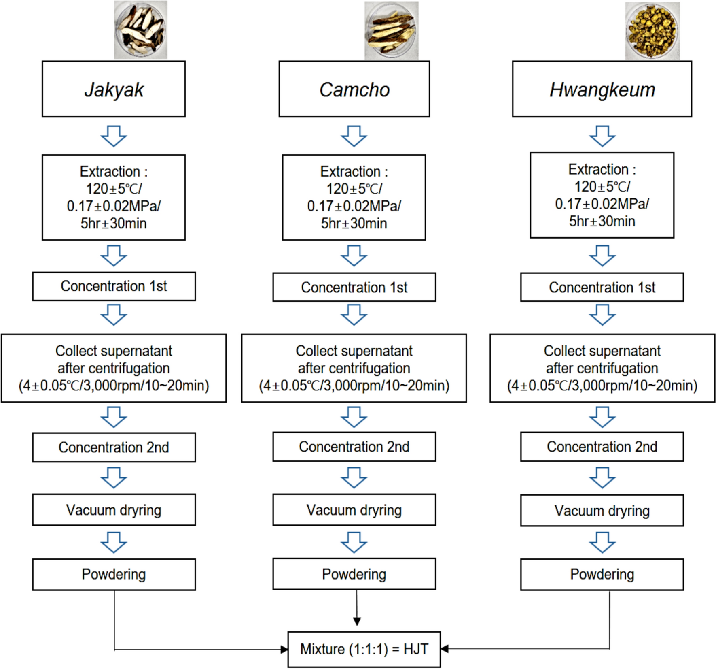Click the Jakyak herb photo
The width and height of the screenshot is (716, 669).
(140, 30)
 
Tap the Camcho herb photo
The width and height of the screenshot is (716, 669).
(391, 31)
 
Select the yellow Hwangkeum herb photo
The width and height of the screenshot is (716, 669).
(652, 31)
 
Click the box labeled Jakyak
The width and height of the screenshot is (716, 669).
(114, 89)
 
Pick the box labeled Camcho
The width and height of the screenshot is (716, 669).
(354, 89)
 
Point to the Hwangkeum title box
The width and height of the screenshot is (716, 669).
(602, 89)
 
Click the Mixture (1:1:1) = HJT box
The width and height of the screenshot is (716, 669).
(364, 649)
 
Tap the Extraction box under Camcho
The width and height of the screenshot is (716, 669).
(354, 197)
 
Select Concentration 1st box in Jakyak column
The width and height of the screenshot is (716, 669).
(114, 286)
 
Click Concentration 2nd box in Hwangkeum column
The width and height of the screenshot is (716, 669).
(602, 447)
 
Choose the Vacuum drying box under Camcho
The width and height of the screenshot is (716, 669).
(354, 510)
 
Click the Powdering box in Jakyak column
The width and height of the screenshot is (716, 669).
(114, 574)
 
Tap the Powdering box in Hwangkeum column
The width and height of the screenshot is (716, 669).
(602, 574)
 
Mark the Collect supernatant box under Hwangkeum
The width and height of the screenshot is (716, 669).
(602, 368)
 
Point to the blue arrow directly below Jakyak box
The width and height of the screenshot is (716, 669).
(114, 136)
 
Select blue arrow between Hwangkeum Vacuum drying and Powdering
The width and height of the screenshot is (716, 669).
(602, 543)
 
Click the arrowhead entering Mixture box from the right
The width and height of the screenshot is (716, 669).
(445, 649)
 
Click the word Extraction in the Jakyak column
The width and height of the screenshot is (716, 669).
(110, 172)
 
